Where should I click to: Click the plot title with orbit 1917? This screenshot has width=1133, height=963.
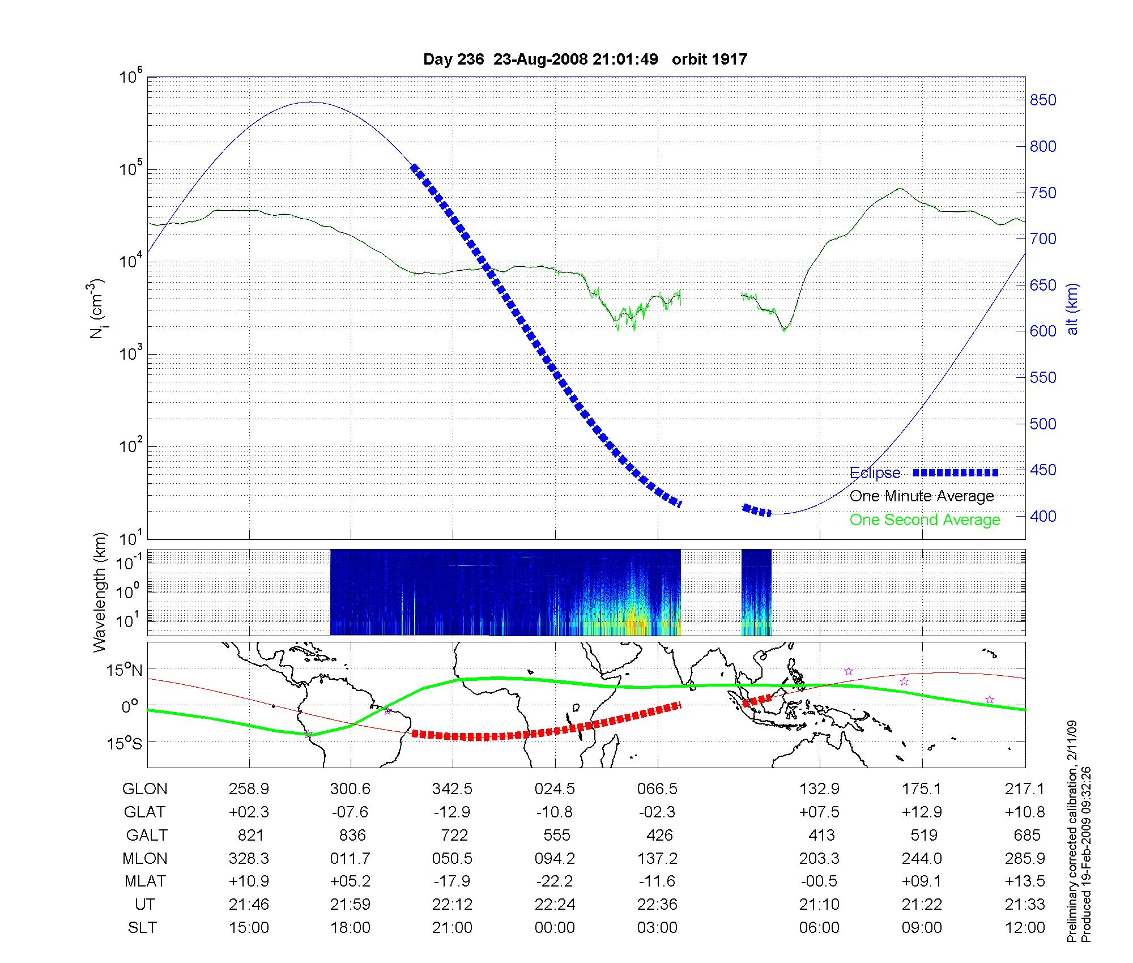(x=585, y=59)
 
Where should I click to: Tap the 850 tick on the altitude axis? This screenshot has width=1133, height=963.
(x=1042, y=100)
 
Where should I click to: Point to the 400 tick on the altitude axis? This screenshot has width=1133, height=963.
(x=1042, y=516)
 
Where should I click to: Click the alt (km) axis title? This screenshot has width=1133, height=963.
(x=1072, y=309)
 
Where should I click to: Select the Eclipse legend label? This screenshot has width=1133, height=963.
(x=875, y=473)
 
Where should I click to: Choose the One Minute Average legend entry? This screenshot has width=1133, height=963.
(x=922, y=496)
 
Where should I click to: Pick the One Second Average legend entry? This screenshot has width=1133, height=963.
(x=925, y=520)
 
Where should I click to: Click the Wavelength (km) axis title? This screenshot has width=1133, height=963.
(x=100, y=593)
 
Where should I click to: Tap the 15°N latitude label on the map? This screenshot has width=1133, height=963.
(x=124, y=671)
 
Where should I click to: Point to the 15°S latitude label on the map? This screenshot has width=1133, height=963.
(x=124, y=743)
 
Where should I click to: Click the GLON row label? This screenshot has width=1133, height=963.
(x=144, y=789)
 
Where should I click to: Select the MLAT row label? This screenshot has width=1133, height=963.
(x=145, y=881)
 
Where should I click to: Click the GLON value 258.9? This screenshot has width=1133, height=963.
(x=249, y=789)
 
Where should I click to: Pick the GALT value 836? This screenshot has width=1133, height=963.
(x=351, y=836)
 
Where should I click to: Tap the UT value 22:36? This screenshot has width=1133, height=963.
(x=657, y=905)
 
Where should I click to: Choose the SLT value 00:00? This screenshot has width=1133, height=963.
(x=555, y=928)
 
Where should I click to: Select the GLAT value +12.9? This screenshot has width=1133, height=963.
(x=922, y=812)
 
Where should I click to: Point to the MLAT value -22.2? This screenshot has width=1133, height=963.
(x=555, y=881)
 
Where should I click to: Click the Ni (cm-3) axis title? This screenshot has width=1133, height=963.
(x=97, y=309)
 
